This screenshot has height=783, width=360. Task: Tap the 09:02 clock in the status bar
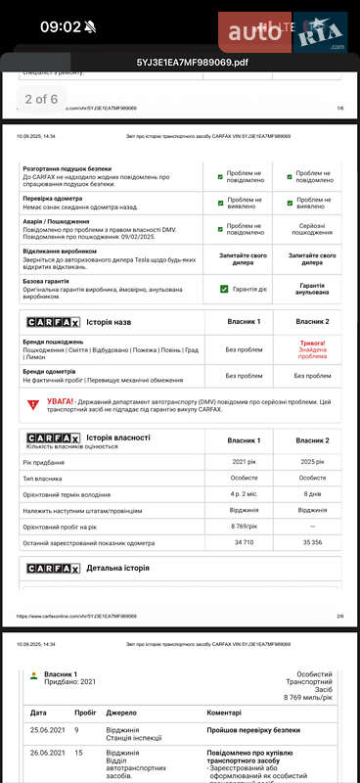click(60, 27)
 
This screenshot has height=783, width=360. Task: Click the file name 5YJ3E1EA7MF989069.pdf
click(179, 62)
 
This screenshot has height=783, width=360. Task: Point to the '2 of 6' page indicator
click(41, 99)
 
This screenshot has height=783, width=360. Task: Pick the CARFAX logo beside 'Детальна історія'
click(52, 568)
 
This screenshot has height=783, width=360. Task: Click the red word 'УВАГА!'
click(64, 401)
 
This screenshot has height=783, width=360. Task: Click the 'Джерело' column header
click(122, 713)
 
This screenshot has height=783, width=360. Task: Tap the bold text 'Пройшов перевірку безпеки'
click(253, 730)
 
